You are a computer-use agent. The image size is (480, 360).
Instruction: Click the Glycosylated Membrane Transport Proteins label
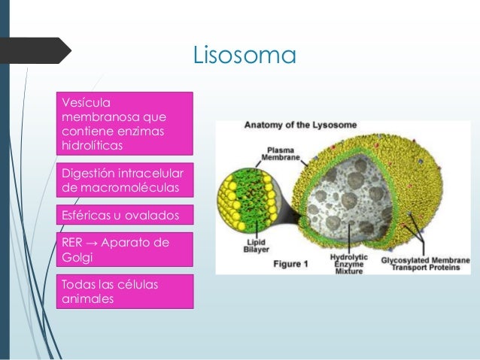(x=426, y=263)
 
